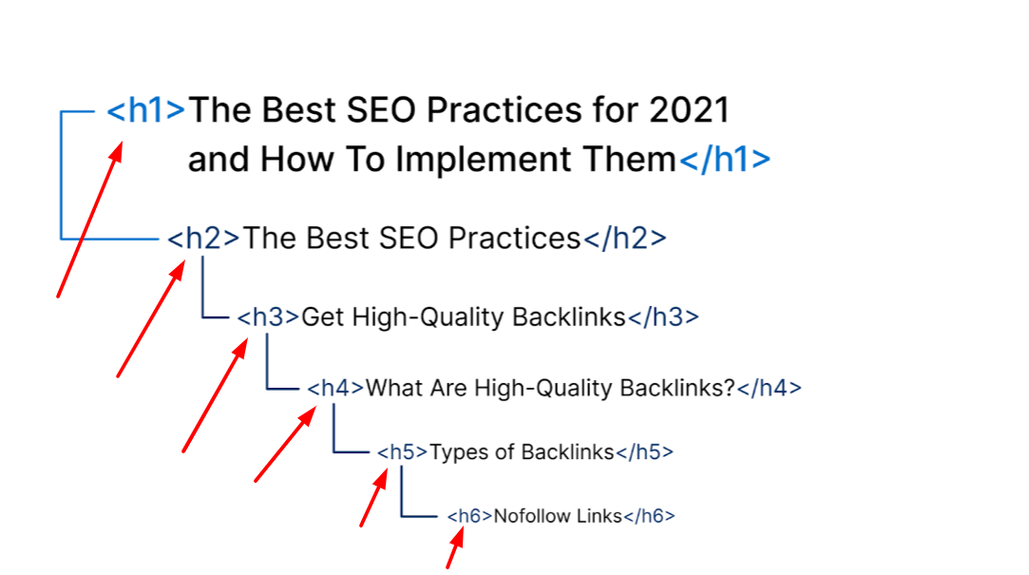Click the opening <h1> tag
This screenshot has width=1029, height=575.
pos(145,109)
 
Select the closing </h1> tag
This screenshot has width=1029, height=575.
pos(724,159)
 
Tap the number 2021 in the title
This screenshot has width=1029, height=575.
pos(689,109)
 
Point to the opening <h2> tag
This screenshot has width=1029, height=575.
pos(203,238)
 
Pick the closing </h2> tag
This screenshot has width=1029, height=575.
pos(624,238)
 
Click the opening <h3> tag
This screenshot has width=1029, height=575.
pos(268,317)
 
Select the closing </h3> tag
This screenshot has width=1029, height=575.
pos(663,317)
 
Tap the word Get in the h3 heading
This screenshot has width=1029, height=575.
pos(322,317)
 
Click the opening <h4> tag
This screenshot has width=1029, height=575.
pos(335,388)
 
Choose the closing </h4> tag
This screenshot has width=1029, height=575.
pos(769,388)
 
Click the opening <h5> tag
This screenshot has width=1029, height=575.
pos(402,451)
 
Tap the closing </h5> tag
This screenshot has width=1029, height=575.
pos(644,451)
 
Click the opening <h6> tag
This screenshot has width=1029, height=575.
pos(469,516)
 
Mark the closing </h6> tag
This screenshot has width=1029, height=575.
pos(648,516)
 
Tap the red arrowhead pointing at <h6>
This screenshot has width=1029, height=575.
pos(458,537)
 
